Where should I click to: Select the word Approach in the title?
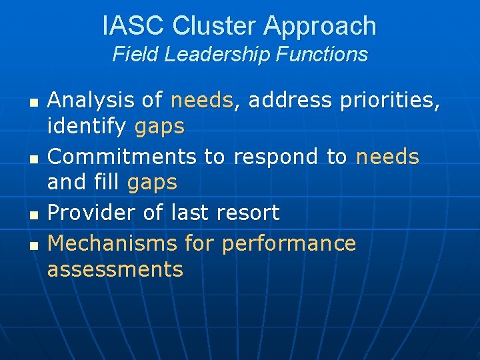pyautogui.click(x=320, y=26)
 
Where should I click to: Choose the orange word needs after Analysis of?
pyautogui.click(x=202, y=101)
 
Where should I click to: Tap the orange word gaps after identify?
pyautogui.click(x=159, y=127)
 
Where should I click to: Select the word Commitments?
pyautogui.click(x=122, y=157)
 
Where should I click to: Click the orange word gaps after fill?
pyautogui.click(x=152, y=182)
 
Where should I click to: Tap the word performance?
pyautogui.click(x=289, y=244)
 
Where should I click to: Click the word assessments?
pyautogui.click(x=115, y=269)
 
